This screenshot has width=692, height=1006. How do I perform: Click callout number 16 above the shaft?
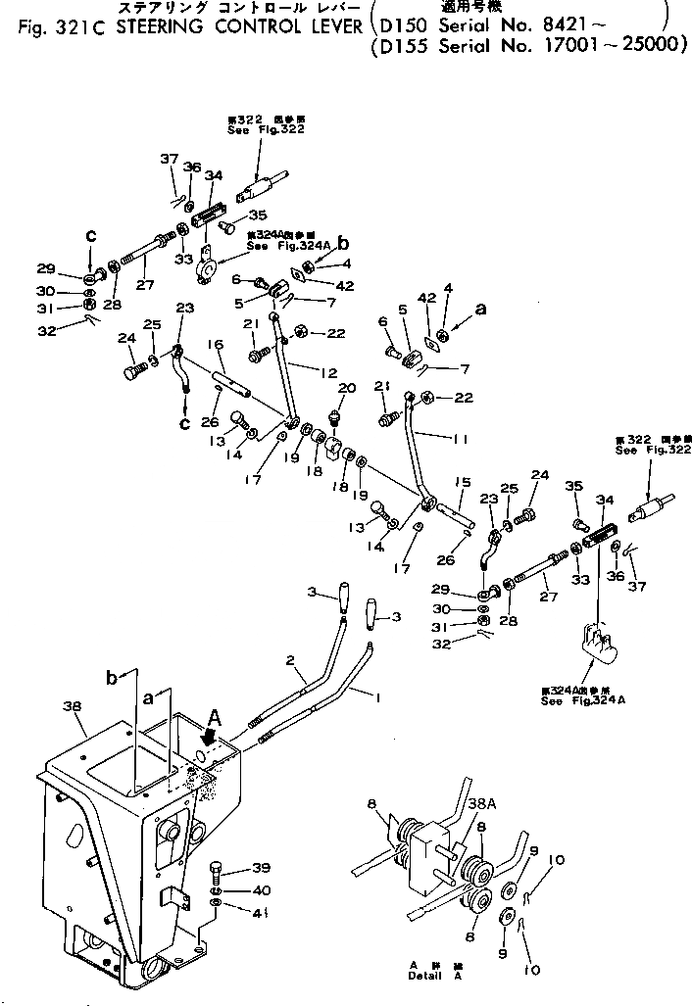[x=217, y=345]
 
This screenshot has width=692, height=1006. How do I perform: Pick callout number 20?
[x=342, y=389]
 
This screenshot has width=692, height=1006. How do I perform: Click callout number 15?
[x=464, y=482]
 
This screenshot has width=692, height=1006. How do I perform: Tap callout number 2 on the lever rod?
[x=290, y=663]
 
